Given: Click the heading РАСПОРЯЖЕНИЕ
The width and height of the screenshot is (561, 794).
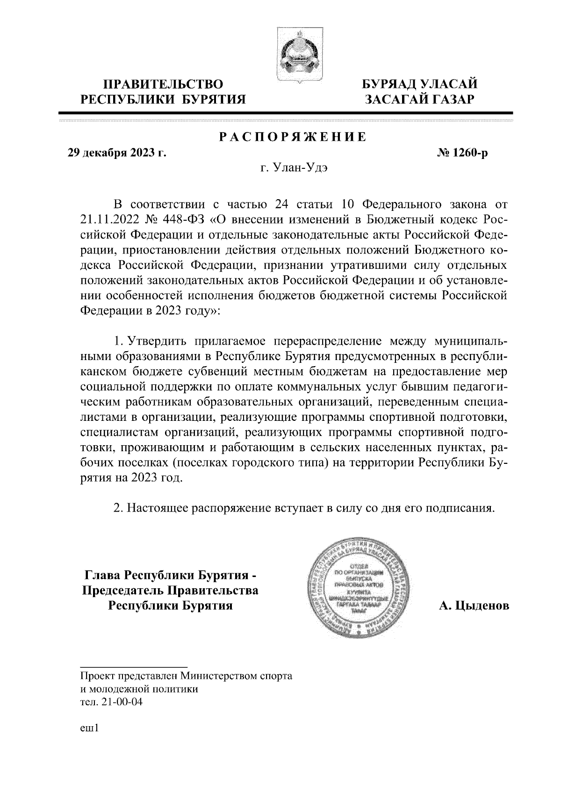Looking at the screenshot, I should pyautogui.click(x=293, y=137).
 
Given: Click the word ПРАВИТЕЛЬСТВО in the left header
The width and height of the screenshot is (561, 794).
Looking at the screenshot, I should pyautogui.click(x=163, y=85).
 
